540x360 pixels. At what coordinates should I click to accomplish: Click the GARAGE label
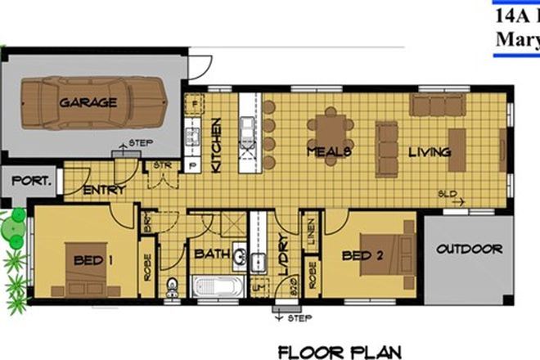(x=88, y=103)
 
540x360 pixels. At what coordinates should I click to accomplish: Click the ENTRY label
(x=105, y=190)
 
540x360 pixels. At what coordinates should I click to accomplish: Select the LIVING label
(x=430, y=152)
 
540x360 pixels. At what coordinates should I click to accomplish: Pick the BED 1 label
(x=92, y=261)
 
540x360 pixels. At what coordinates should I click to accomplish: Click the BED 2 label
(x=364, y=254)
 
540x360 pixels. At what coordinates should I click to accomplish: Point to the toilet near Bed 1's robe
(x=171, y=286)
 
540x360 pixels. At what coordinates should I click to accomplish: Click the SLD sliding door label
(x=447, y=195)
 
